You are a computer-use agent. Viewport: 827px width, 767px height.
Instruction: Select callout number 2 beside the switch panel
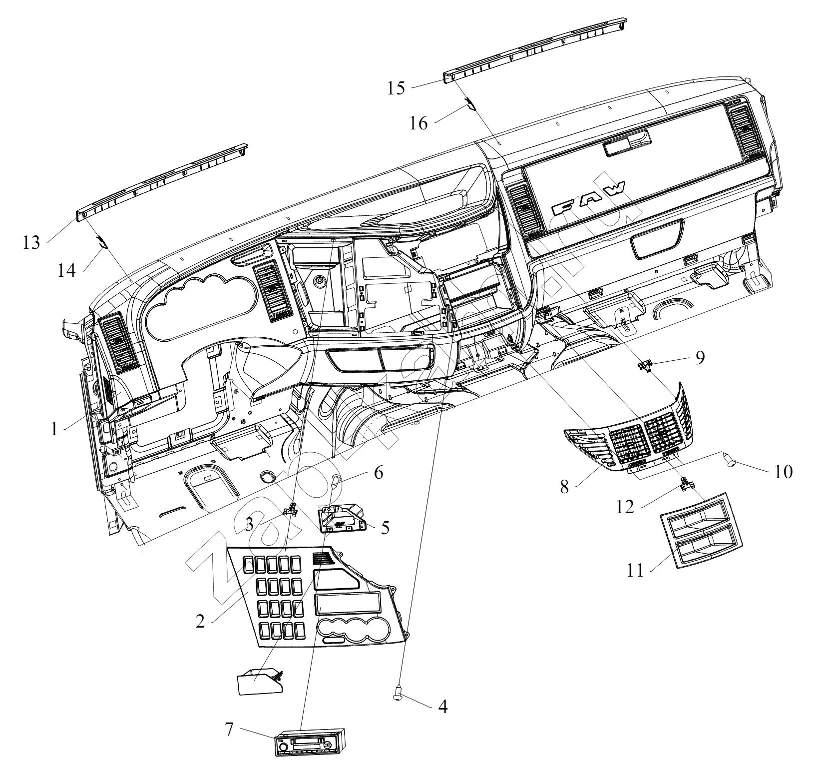point(200,622)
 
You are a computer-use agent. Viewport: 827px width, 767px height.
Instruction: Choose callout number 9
point(700,357)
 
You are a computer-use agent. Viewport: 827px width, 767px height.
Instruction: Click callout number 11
point(636,570)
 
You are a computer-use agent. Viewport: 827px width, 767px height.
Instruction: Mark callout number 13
point(31,244)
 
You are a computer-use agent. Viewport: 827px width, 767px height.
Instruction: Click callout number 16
point(419,123)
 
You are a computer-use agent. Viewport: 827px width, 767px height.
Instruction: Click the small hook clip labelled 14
point(102,241)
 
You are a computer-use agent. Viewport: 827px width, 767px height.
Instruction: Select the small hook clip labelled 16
point(470,103)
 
